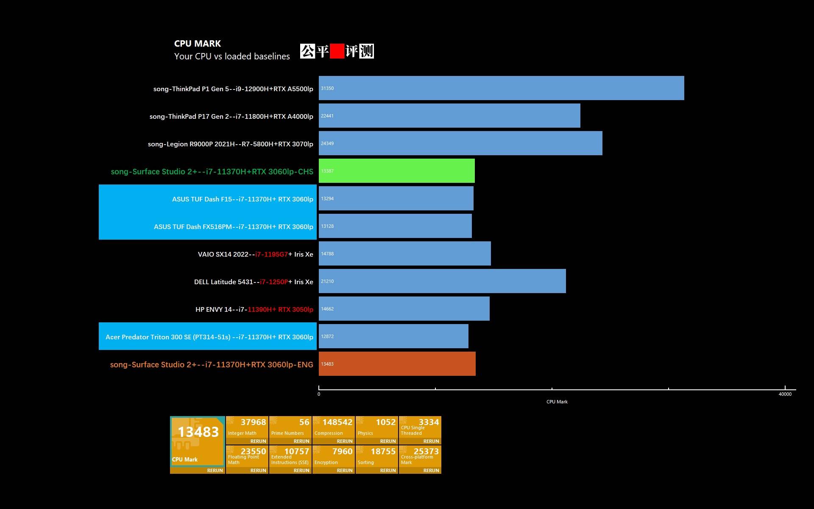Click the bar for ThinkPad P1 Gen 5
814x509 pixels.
tap(501, 88)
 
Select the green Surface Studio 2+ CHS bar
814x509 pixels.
tap(396, 171)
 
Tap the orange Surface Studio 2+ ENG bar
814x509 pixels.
tap(397, 364)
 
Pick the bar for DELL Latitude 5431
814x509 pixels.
tap(442, 281)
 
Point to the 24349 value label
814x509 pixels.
tap(327, 143)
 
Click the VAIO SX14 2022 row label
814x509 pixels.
tap(255, 255)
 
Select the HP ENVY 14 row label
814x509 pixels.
tap(254, 310)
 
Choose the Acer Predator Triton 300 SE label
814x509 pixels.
tap(209, 337)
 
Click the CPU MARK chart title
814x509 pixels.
tap(197, 44)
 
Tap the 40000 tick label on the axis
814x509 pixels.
tap(785, 394)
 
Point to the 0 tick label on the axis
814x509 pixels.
tap(319, 394)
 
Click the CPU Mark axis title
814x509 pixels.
tap(557, 402)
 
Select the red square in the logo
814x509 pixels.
tap(337, 51)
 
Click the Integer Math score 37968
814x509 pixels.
tap(253, 422)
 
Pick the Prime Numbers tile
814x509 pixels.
tap(290, 430)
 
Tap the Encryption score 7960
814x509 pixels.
tap(342, 451)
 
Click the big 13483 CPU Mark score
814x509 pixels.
tap(198, 432)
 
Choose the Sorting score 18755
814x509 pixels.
tap(383, 451)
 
